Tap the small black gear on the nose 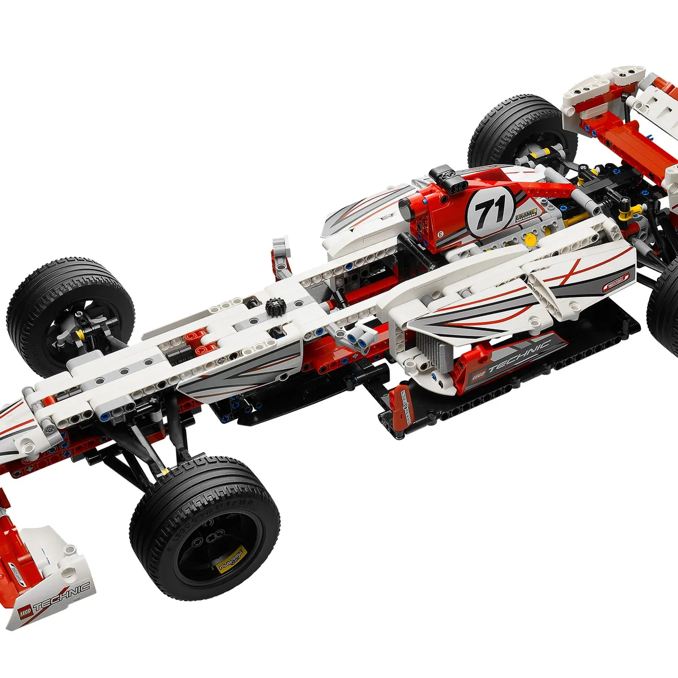coord(274,307)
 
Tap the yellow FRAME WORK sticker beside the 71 coord(526,215)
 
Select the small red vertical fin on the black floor coord(401,407)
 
